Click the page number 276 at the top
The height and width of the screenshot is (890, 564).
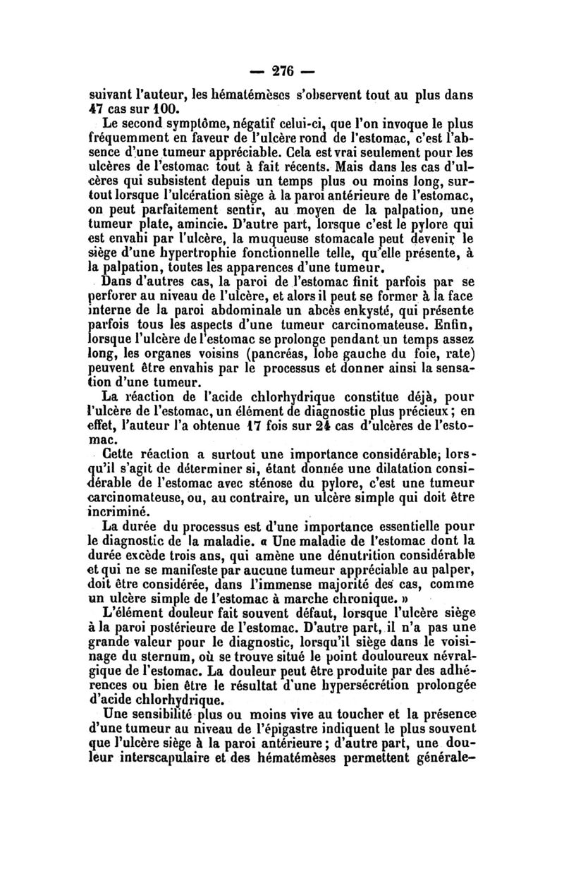(x=282, y=72)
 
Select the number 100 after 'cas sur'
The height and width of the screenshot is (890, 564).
(x=171, y=111)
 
